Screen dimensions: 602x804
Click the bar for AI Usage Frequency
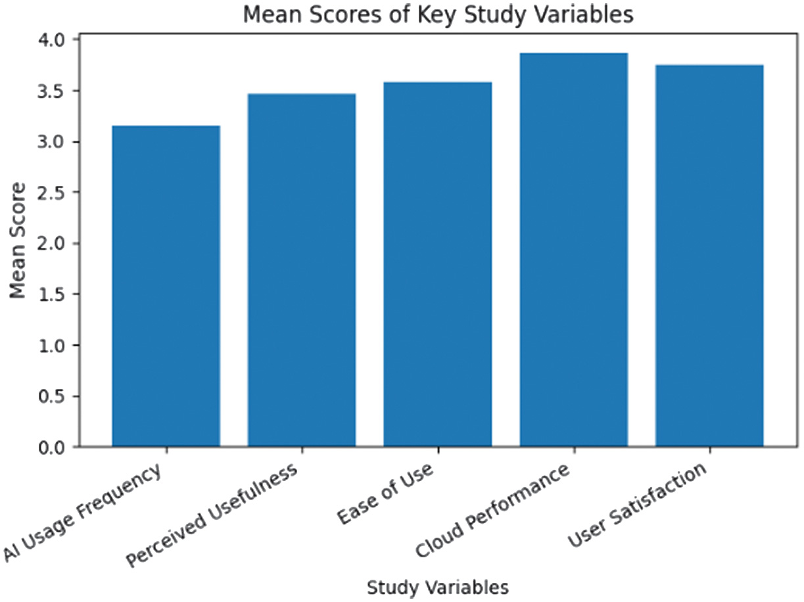(166, 286)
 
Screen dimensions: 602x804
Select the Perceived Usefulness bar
(302, 270)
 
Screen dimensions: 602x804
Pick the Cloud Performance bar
(574, 250)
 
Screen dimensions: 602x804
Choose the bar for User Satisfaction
(709, 256)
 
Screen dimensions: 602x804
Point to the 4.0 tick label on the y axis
(53, 40)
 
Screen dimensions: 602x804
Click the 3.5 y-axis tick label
(53, 91)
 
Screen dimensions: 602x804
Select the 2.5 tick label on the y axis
(53, 193)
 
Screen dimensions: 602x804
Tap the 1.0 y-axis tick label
(53, 345)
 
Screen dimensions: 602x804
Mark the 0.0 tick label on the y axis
(53, 447)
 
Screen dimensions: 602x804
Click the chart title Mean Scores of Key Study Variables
(438, 14)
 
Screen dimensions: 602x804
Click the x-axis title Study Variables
(438, 586)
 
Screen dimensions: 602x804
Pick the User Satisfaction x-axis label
(637, 505)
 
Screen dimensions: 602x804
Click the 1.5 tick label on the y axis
(53, 294)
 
